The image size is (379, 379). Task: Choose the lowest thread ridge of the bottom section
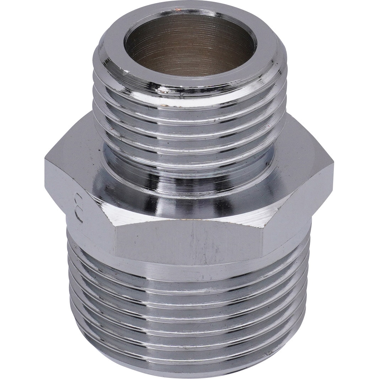point(188,359)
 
